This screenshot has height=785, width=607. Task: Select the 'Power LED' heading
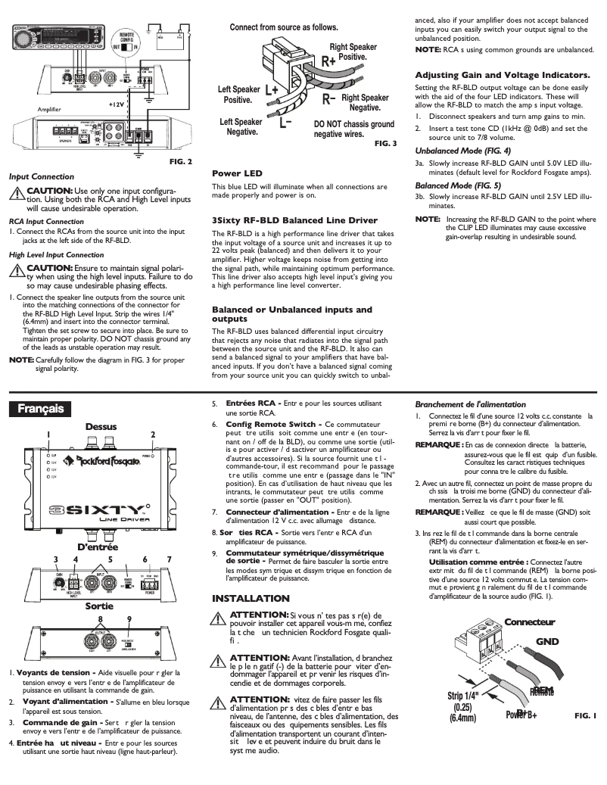point(237,173)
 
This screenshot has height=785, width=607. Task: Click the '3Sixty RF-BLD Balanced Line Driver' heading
point(294,220)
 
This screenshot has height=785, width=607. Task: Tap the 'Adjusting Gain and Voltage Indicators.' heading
point(503,75)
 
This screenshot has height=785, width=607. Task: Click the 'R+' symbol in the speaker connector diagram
point(329,61)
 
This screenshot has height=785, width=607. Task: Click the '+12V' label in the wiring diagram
point(116,104)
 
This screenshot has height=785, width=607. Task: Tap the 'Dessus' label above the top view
point(101,427)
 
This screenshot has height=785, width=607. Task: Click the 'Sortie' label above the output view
point(99,606)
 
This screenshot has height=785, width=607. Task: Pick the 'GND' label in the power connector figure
point(546,642)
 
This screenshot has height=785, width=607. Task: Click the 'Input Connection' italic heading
point(42,176)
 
